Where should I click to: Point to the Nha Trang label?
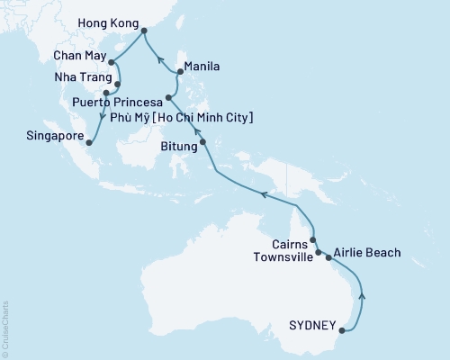point(85,76)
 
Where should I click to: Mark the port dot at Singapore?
point(89,140)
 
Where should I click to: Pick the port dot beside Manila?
point(180,71)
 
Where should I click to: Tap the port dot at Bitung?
point(202,141)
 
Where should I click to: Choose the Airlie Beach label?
point(366,253)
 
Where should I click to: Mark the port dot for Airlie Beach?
point(328,257)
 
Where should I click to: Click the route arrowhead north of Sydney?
point(363,293)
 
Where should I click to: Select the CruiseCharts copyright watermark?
point(4,329)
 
